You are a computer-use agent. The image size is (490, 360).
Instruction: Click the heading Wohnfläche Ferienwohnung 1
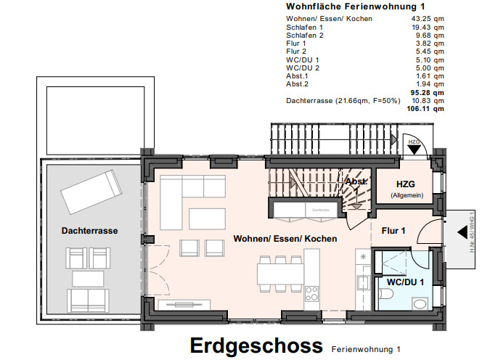(356, 7)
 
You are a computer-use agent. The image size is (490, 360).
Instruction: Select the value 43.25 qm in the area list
(428, 18)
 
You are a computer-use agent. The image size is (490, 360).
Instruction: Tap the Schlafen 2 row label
(304, 35)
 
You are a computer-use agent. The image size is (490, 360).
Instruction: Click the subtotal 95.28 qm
(427, 92)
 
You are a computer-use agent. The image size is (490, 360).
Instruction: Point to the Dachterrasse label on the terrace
(89, 231)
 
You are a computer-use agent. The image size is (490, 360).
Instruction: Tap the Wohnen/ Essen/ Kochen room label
(285, 238)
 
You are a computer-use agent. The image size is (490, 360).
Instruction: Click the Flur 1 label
(393, 231)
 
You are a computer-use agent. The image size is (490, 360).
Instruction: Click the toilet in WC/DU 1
(385, 293)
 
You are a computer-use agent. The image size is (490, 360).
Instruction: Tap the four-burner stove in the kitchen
(312, 294)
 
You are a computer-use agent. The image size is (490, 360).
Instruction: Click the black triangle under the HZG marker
(414, 150)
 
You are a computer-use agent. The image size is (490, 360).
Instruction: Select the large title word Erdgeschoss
(256, 345)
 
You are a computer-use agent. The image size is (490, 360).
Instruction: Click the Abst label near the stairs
(356, 181)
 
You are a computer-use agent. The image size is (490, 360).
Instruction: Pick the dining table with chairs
(280, 273)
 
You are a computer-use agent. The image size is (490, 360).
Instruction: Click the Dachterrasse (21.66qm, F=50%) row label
(343, 100)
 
